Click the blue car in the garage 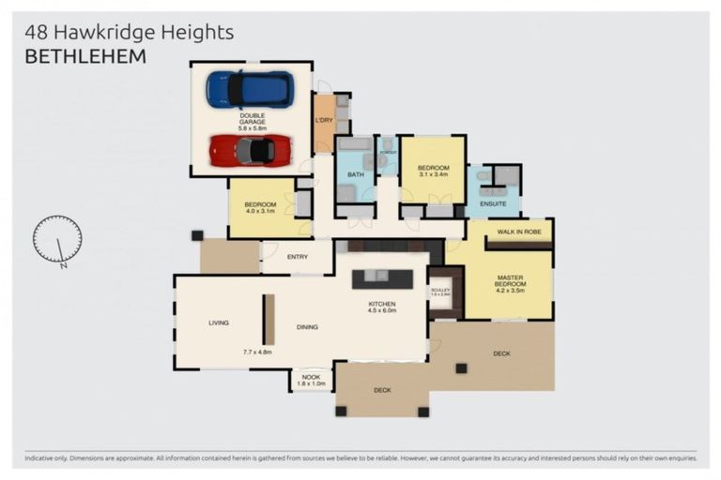pos(250,89)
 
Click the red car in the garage pos(249,150)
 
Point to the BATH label pos(355,174)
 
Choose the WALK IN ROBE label pos(519,232)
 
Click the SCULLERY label pos(440,290)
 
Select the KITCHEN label pos(381,305)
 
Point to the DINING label pos(307,327)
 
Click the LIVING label pos(219,322)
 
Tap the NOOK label pos(311,377)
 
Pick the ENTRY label pos(298,256)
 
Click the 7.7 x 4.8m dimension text pos(256,352)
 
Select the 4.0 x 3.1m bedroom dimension pos(260,211)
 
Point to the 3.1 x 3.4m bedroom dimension pos(433,173)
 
